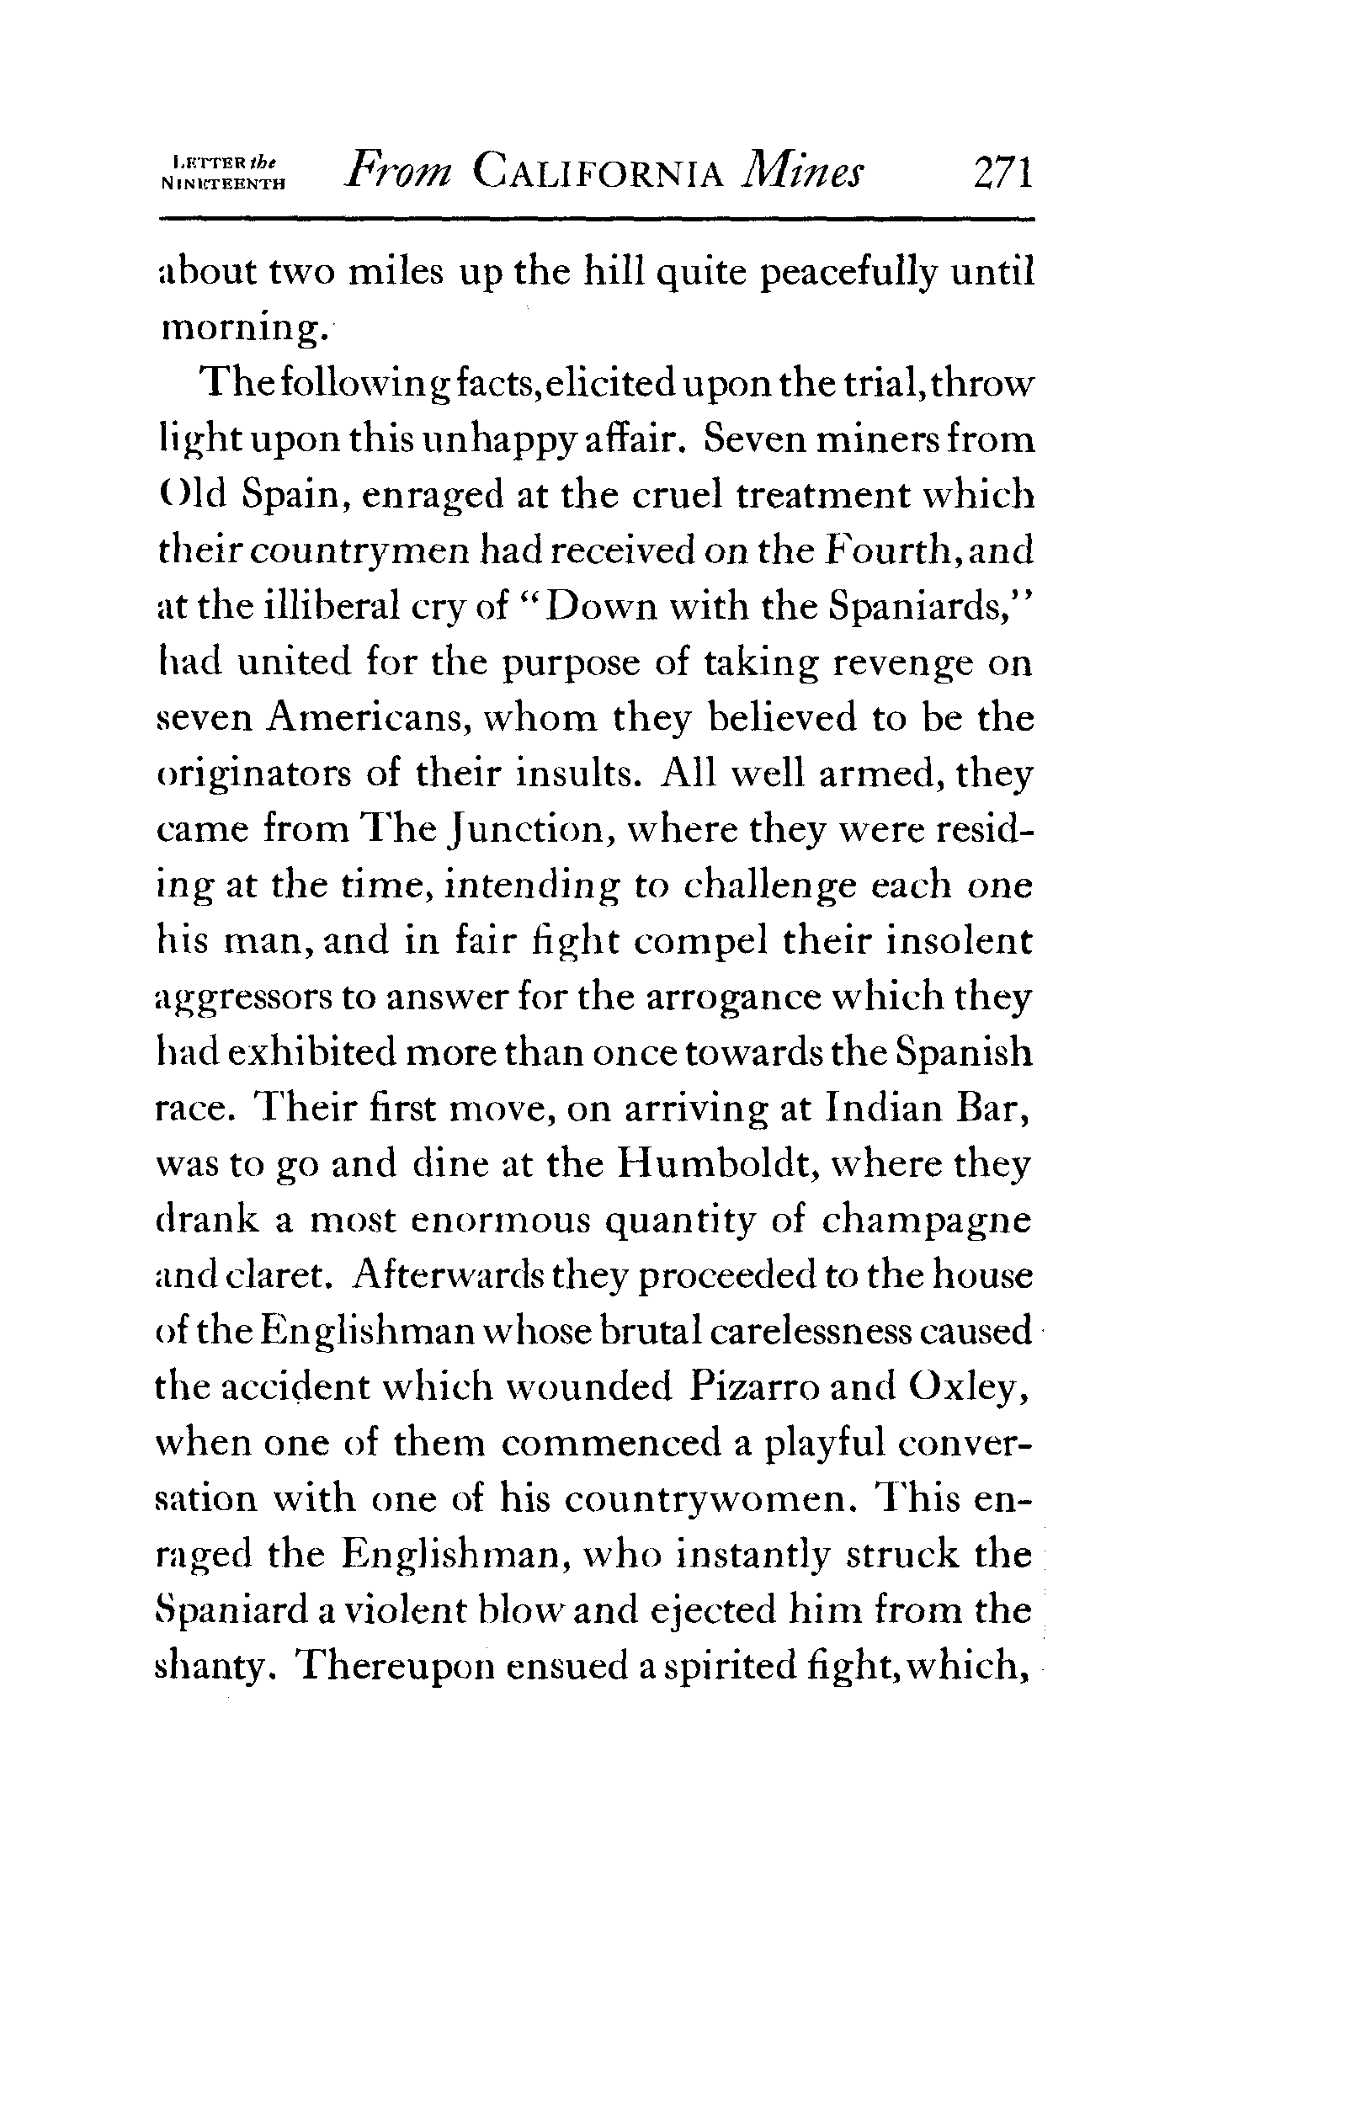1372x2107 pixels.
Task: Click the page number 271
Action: [1002, 172]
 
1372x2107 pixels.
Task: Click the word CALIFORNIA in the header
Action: [598, 172]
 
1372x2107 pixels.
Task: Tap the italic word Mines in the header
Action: [803, 172]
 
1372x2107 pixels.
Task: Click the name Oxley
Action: [967, 1388]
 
